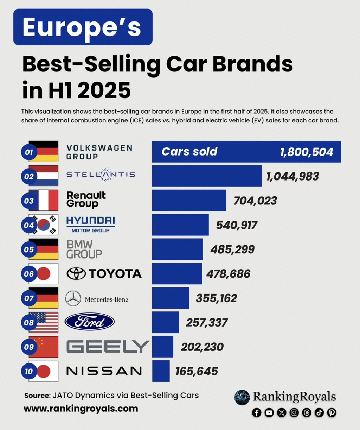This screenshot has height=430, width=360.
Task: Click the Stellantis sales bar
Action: point(207,176)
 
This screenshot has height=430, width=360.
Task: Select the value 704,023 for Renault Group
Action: point(255,201)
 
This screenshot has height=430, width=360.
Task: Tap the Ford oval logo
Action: point(90,322)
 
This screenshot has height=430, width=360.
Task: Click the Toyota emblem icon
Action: point(76,273)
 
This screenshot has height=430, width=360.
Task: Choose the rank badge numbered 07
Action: point(29,298)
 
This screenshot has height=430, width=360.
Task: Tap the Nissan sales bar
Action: point(161,371)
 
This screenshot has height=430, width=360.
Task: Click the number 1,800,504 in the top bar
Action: point(307,152)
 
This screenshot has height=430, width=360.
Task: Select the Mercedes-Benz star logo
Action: point(73,298)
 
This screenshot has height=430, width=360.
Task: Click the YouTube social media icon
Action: point(269,412)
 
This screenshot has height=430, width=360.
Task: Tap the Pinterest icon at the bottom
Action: point(332,412)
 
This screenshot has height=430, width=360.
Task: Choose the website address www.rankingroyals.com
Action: point(81,409)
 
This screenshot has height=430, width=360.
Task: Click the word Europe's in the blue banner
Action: point(82,27)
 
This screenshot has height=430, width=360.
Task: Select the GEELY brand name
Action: point(108,347)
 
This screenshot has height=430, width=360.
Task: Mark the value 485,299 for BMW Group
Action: point(232,249)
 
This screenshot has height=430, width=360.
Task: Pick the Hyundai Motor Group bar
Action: point(180,225)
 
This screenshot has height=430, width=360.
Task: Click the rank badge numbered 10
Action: point(29,371)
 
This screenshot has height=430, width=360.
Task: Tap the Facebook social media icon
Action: point(257,412)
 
